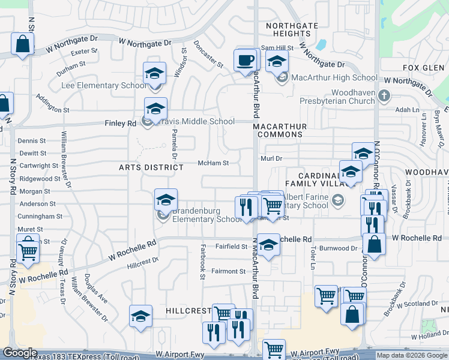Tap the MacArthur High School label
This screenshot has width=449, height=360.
(x=334, y=77)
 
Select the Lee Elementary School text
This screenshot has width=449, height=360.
(x=104, y=86)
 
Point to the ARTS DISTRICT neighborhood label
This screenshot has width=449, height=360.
(x=151, y=167)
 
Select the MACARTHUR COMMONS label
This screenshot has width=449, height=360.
(x=280, y=130)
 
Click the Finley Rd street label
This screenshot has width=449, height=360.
(x=123, y=124)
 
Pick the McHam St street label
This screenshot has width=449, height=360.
(x=214, y=163)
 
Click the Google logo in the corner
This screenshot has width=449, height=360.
(x=20, y=353)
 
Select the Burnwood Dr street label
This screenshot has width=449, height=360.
(x=338, y=248)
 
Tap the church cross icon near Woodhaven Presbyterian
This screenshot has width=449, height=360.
(x=384, y=95)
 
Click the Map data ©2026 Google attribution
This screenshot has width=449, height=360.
(x=412, y=355)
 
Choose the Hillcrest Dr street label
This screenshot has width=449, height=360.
(x=143, y=262)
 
